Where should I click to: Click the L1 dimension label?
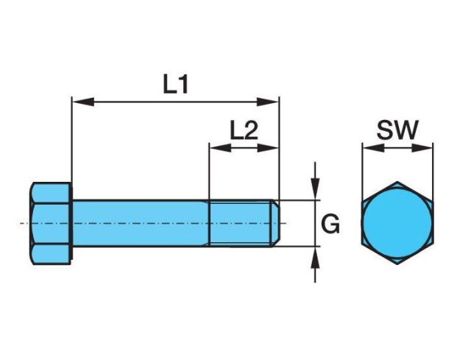pyautogui.click(x=175, y=85)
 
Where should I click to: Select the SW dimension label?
pyautogui.click(x=397, y=130)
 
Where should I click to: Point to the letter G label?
pyautogui.click(x=332, y=224)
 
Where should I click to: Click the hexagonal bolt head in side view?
pyautogui.click(x=52, y=223)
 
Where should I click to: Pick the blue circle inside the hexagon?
pyautogui.click(x=397, y=223)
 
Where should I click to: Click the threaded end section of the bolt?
pyautogui.click(x=241, y=223)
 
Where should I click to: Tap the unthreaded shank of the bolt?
pyautogui.click(x=140, y=223)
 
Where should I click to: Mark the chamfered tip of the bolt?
pyautogui.click(x=277, y=223)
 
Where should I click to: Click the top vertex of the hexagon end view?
pyautogui.click(x=397, y=182)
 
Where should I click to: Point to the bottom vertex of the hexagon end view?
pyautogui.click(x=397, y=264)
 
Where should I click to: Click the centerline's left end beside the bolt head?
pyautogui.click(x=23, y=223)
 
